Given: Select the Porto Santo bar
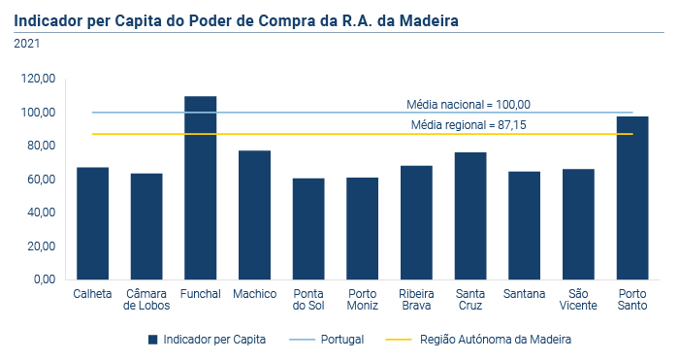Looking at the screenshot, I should click(632, 198).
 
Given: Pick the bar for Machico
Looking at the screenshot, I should click(254, 214).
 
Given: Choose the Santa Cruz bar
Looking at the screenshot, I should click(470, 215).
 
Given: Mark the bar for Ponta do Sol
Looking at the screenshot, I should click(308, 229).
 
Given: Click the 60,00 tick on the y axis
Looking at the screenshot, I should click(40, 180).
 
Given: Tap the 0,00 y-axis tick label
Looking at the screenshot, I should click(43, 279).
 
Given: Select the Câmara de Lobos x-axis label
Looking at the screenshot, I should click(146, 300).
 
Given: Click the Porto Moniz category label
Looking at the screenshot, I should click(363, 300).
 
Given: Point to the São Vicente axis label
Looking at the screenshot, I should click(579, 300).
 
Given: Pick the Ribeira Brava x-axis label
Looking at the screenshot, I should click(416, 300).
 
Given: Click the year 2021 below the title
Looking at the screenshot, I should click(27, 44).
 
